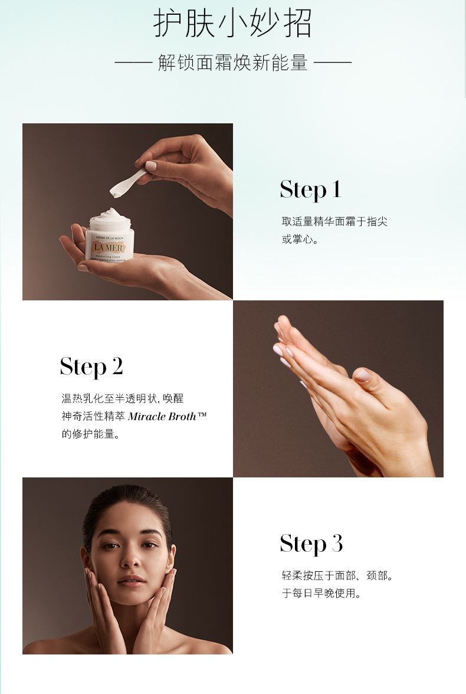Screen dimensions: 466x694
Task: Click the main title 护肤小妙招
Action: click(x=233, y=24)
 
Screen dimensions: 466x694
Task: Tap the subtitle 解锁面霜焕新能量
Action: click(x=233, y=63)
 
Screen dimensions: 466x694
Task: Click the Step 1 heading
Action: click(x=311, y=190)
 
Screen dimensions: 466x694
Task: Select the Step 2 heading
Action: click(x=91, y=367)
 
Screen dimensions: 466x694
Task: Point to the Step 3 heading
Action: click(x=311, y=544)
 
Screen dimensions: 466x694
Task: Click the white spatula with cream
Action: click(x=129, y=182)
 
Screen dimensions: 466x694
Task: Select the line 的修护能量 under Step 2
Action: click(x=90, y=434)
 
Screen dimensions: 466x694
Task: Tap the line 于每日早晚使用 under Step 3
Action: click(x=321, y=593)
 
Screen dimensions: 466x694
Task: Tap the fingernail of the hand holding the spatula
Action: click(x=151, y=166)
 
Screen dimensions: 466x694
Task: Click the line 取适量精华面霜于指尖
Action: click(x=334, y=222)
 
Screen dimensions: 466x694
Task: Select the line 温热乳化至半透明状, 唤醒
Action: click(x=123, y=398)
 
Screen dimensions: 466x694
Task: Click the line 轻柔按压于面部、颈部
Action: click(x=337, y=575)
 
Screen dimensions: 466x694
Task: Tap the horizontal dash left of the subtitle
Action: click(x=133, y=63)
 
